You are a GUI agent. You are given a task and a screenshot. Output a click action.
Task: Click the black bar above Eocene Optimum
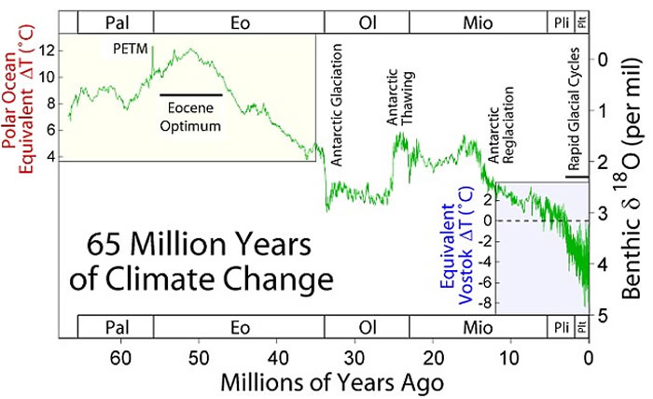coord(190,95)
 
